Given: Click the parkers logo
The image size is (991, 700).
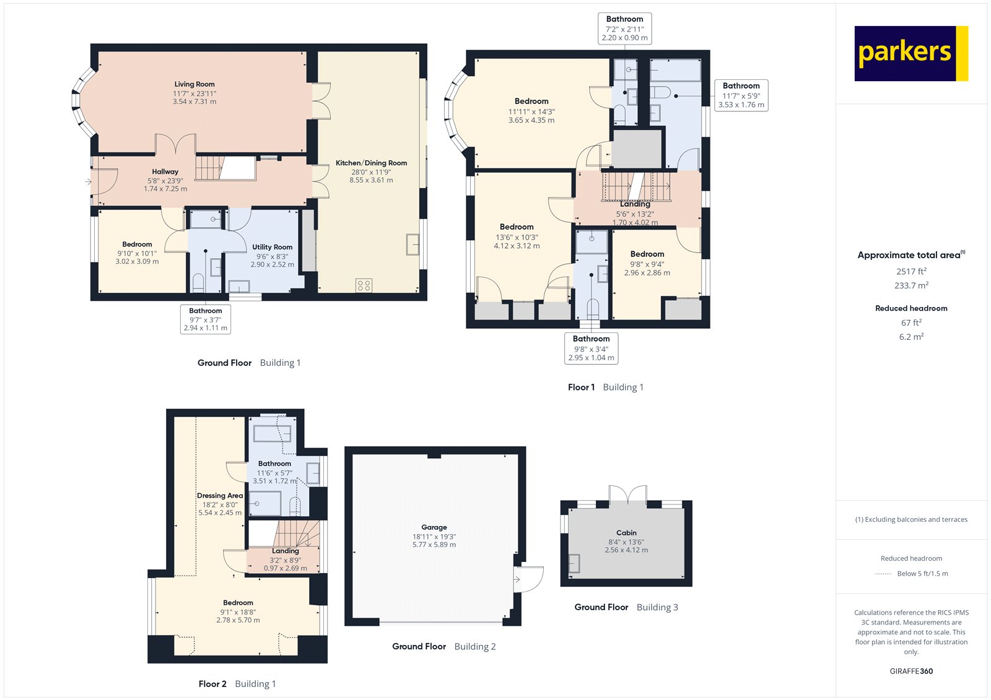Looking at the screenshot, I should click(910, 53).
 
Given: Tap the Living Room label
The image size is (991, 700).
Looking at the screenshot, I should click(194, 84).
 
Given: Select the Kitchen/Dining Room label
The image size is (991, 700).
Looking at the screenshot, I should click(371, 163).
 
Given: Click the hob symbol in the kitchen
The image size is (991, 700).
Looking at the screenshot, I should click(364, 285).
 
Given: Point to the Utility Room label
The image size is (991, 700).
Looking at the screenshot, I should click(272, 247).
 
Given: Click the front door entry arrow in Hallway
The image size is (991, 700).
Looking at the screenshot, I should click(88, 181).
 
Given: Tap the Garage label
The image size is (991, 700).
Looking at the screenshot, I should click(434, 527).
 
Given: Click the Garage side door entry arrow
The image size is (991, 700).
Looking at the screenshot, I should click(517, 580).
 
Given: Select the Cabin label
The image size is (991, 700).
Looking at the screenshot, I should click(626, 532).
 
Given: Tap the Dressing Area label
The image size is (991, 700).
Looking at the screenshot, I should click(220, 496).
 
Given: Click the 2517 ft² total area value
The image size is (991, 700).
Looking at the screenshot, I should click(910, 271).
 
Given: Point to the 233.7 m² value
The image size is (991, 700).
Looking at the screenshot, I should click(910, 285).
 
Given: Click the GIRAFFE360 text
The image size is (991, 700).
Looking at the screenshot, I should click(910, 671).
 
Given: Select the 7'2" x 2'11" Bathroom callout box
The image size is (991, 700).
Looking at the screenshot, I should click(624, 28).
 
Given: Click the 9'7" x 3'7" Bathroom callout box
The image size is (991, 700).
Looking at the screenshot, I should click(206, 319).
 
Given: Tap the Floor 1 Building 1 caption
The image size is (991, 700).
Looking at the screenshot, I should click(605, 387).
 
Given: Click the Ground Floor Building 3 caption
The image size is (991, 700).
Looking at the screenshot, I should click(626, 607).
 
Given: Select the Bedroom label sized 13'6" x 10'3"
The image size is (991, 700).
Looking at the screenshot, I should click(517, 227).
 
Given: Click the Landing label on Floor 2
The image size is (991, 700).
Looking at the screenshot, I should click(285, 551).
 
